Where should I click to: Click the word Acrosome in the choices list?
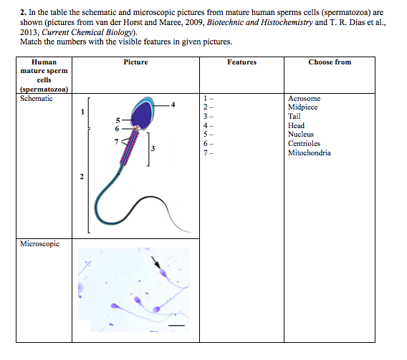click(x=304, y=99)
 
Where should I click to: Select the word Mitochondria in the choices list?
click(x=309, y=152)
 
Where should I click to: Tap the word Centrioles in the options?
click(x=304, y=143)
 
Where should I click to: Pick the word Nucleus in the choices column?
click(x=301, y=134)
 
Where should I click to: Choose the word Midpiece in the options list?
click(x=302, y=107)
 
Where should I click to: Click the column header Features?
click(x=241, y=62)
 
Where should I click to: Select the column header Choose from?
click(x=330, y=62)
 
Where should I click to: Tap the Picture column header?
click(x=135, y=62)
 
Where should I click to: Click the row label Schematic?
click(x=37, y=99)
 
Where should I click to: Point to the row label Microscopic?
click(x=39, y=243)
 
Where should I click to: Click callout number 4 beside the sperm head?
click(x=173, y=104)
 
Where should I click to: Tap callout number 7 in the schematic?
click(x=116, y=142)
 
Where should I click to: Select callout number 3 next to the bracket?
click(x=153, y=148)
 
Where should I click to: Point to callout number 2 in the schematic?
click(x=82, y=177)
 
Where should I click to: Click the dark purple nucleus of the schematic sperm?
click(x=141, y=115)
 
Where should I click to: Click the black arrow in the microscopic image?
click(x=155, y=263)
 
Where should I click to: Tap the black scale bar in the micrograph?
click(x=176, y=325)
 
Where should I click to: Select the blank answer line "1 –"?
click(x=209, y=99)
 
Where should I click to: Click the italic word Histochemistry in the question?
click(x=287, y=22)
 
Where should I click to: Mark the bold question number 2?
click(x=23, y=12)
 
